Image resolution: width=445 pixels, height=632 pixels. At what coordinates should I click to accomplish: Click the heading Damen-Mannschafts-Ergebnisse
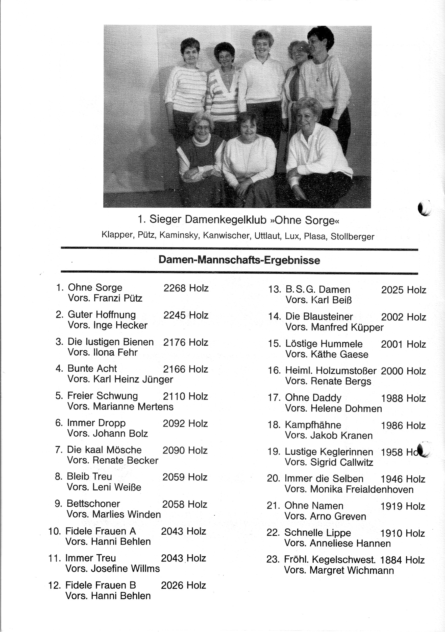point(239,260)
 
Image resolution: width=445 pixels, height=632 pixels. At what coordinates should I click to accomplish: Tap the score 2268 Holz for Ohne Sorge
point(186,288)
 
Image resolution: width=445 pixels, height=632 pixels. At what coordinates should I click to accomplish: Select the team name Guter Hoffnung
point(102,315)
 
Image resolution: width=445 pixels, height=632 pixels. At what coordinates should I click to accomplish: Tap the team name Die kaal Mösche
point(104,450)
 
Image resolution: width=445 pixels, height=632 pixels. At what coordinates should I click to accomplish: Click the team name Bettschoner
point(93,504)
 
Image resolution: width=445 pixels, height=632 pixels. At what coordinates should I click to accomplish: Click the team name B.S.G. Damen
point(318,289)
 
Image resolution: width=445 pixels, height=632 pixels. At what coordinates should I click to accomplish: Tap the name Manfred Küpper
point(347,327)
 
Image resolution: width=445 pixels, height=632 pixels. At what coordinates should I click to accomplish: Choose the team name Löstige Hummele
point(324,344)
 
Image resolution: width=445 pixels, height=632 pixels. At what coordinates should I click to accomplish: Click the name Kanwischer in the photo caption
point(226,236)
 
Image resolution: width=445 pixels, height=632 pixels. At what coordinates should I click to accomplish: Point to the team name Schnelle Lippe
point(317,533)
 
